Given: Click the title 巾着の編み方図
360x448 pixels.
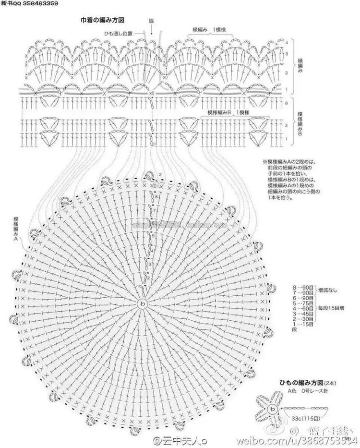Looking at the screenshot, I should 103,20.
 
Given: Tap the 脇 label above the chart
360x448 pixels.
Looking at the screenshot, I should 151,21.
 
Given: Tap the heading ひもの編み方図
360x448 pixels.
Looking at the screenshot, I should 301,383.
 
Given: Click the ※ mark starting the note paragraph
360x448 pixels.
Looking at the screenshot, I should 264,162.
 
